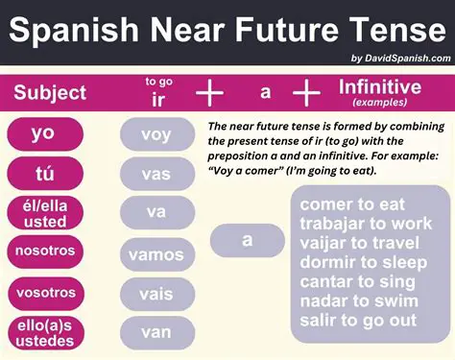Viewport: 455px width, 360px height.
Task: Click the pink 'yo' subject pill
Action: (x=43, y=133)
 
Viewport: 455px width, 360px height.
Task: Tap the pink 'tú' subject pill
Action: (x=43, y=174)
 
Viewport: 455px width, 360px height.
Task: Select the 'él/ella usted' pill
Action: (x=43, y=214)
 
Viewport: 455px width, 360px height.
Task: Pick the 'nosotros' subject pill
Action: (x=43, y=252)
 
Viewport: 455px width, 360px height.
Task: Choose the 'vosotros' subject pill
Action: (x=43, y=291)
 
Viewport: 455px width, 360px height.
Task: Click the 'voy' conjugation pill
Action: (x=156, y=134)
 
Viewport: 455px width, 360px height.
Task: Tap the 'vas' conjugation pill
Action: (x=156, y=174)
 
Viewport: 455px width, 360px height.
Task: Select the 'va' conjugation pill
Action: (x=156, y=212)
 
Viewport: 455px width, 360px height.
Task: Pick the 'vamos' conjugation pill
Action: (x=156, y=254)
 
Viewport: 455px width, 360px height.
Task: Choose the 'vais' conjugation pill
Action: (x=156, y=293)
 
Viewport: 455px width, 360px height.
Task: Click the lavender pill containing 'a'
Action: (x=247, y=240)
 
